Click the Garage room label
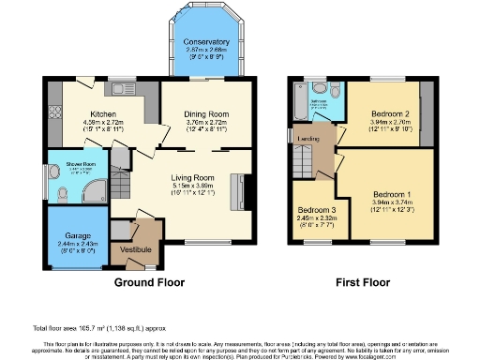point(77,235)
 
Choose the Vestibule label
point(135,248)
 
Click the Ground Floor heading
point(148,281)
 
